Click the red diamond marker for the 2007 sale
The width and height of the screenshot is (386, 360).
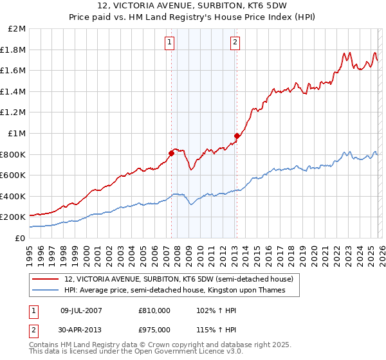(x=171, y=153)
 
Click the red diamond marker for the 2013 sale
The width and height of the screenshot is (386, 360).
(x=237, y=136)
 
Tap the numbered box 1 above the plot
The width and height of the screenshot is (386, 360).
(x=169, y=42)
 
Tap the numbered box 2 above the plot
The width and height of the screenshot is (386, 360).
(x=235, y=42)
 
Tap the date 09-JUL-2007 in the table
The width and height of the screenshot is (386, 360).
(x=82, y=310)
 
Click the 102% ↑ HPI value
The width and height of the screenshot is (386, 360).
(x=212, y=310)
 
